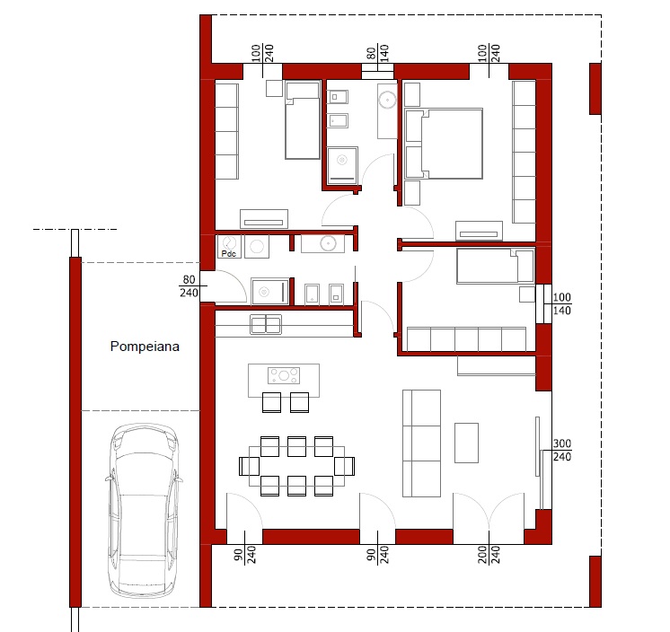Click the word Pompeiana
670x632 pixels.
coord(145,347)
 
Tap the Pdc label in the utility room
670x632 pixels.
coord(229,254)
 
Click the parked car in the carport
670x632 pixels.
coord(143,510)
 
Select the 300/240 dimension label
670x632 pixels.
coord(562,450)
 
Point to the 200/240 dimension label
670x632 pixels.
coord(489,554)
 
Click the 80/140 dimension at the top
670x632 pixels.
coord(378,53)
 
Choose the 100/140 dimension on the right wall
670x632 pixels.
coord(562,303)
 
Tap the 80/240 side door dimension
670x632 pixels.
coord(189,286)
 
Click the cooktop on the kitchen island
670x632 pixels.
coord(284,376)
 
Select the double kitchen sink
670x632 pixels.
coord(266,325)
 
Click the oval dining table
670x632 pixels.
coord(296,466)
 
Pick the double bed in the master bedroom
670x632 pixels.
coord(444,144)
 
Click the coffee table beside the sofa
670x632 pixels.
coord(466,443)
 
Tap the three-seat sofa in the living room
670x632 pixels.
coord(421,443)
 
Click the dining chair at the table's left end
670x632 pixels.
coord(249,466)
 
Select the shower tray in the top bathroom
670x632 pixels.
coord(342,164)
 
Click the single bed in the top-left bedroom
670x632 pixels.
coord(303,120)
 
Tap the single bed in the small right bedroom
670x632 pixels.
coord(495,266)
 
